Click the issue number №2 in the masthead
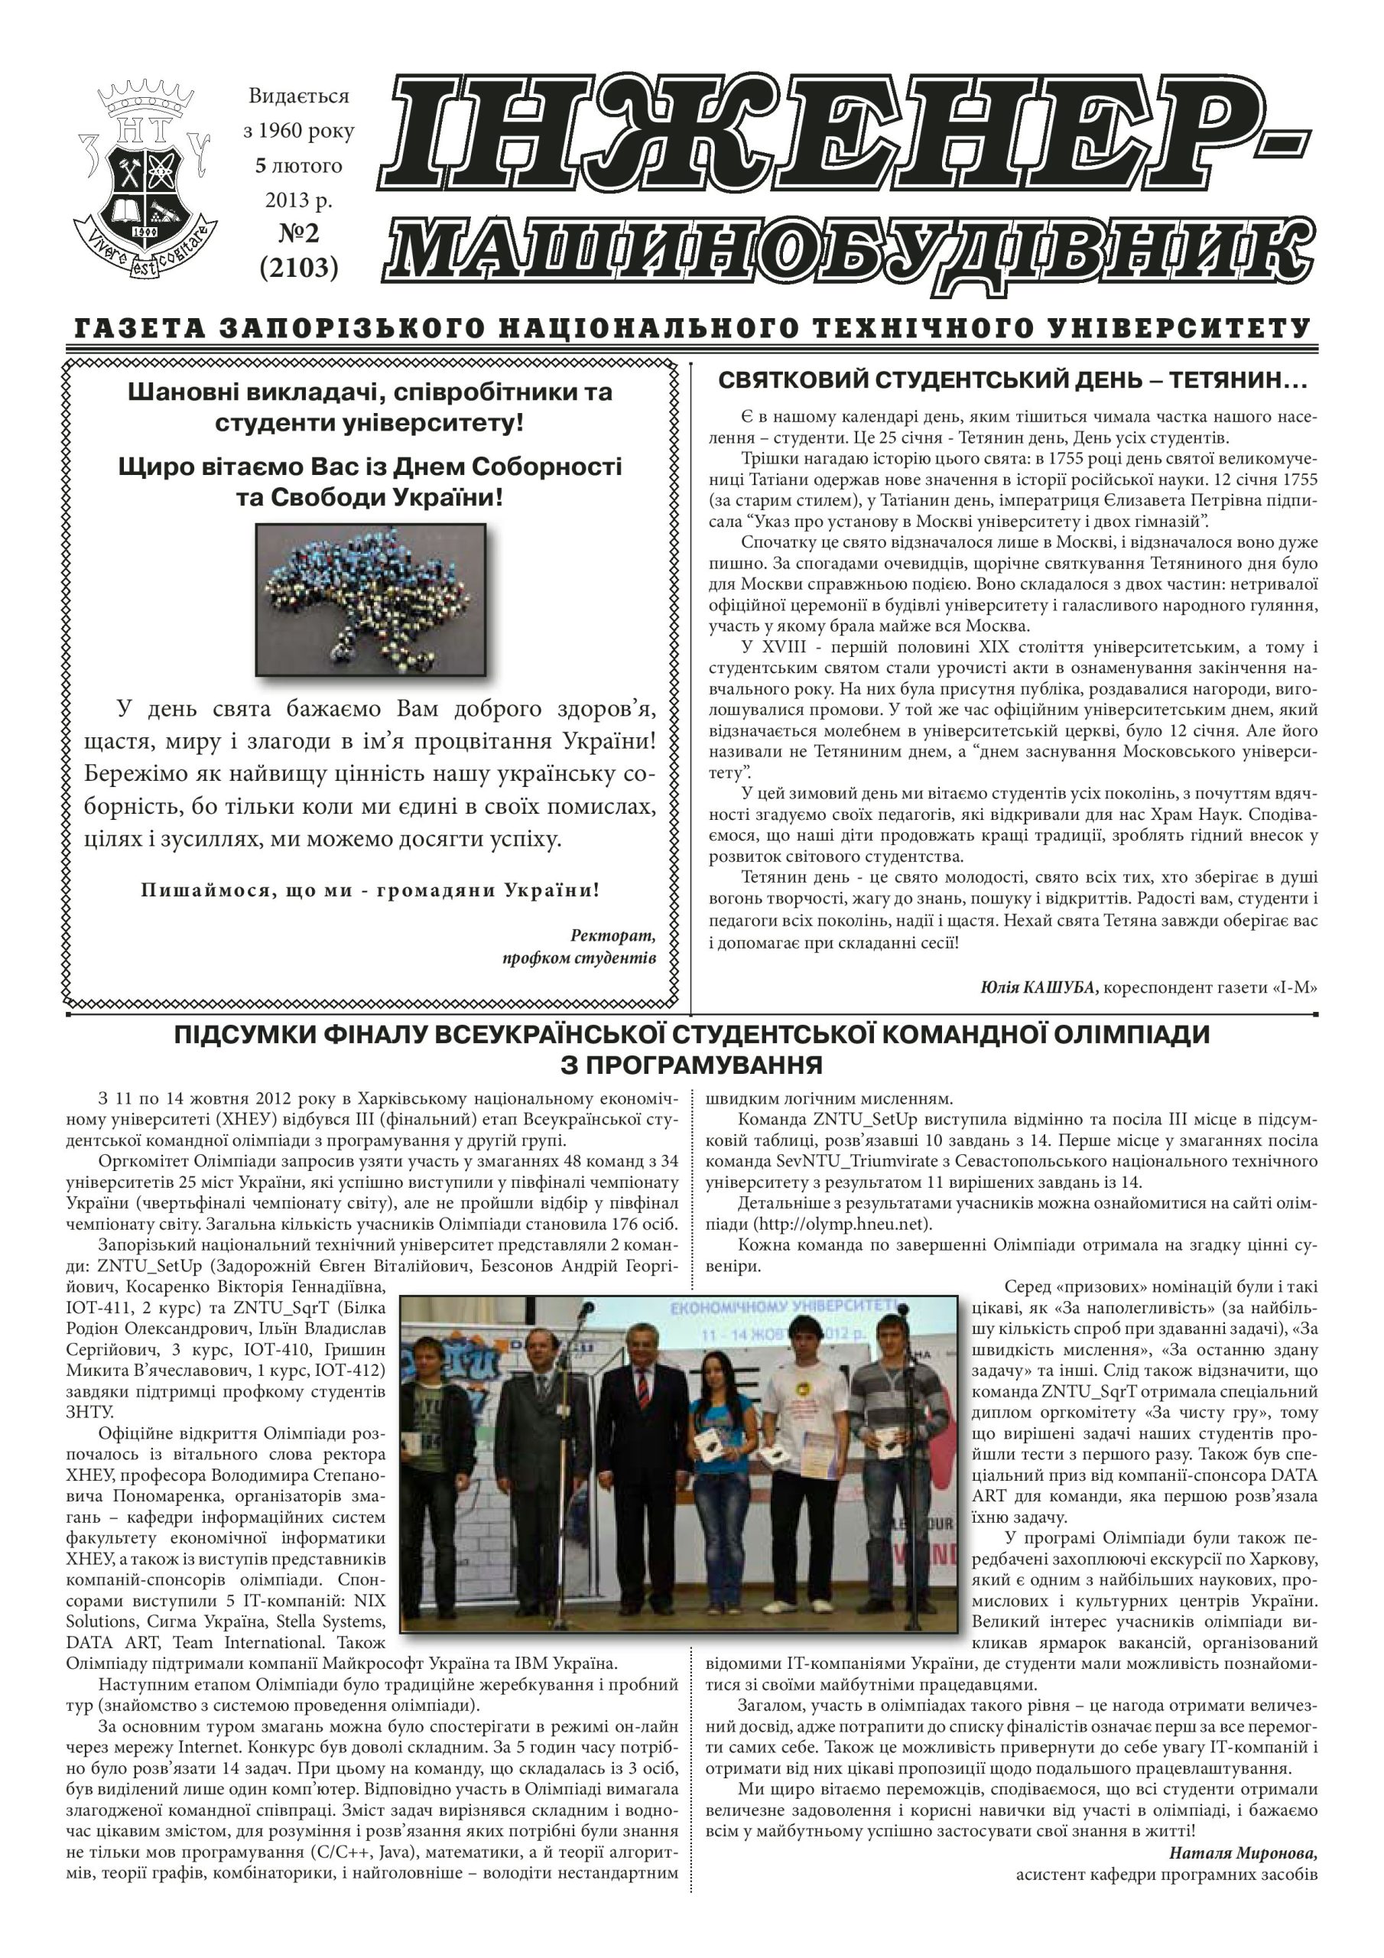pyautogui.click(x=298, y=233)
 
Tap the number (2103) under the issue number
pyautogui.click(x=298, y=268)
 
